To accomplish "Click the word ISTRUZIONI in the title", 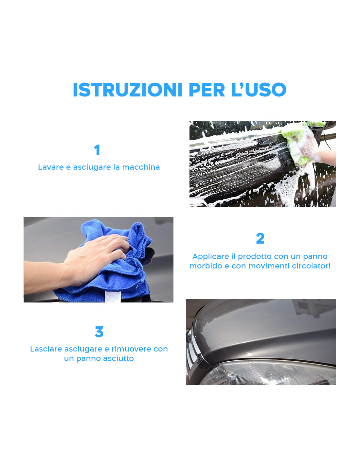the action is pyautogui.click(x=127, y=90).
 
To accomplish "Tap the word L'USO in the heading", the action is pyautogui.click(x=259, y=90).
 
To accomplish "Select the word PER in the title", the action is pyautogui.click(x=207, y=90).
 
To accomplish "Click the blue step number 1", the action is pyautogui.click(x=97, y=150).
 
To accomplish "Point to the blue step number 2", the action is pyautogui.click(x=260, y=238).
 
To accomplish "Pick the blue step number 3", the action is pyautogui.click(x=99, y=332).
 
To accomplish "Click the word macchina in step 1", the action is pyautogui.click(x=141, y=167).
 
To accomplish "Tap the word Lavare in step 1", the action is pyautogui.click(x=51, y=167).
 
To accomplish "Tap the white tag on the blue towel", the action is pyautogui.click(x=113, y=297).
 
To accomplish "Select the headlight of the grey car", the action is pyautogui.click(x=268, y=373).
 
